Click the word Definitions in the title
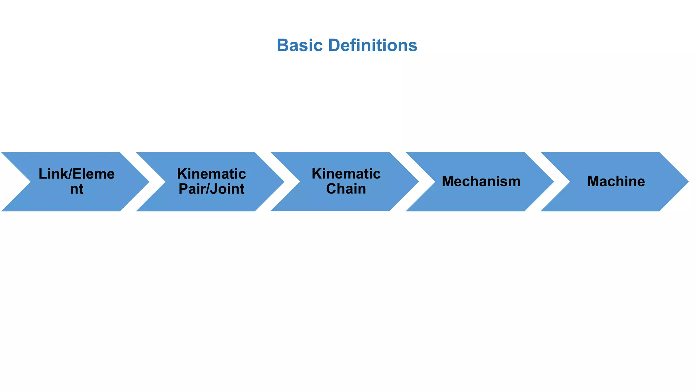click(x=372, y=45)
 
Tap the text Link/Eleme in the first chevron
click(x=76, y=174)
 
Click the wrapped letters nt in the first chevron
click(x=76, y=189)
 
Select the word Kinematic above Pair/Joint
click(x=211, y=174)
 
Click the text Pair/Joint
click(x=211, y=189)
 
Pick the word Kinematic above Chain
click(x=346, y=173)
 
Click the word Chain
click(x=346, y=189)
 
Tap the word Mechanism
click(x=481, y=181)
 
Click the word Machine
click(x=616, y=181)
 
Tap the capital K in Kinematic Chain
click(x=316, y=173)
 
